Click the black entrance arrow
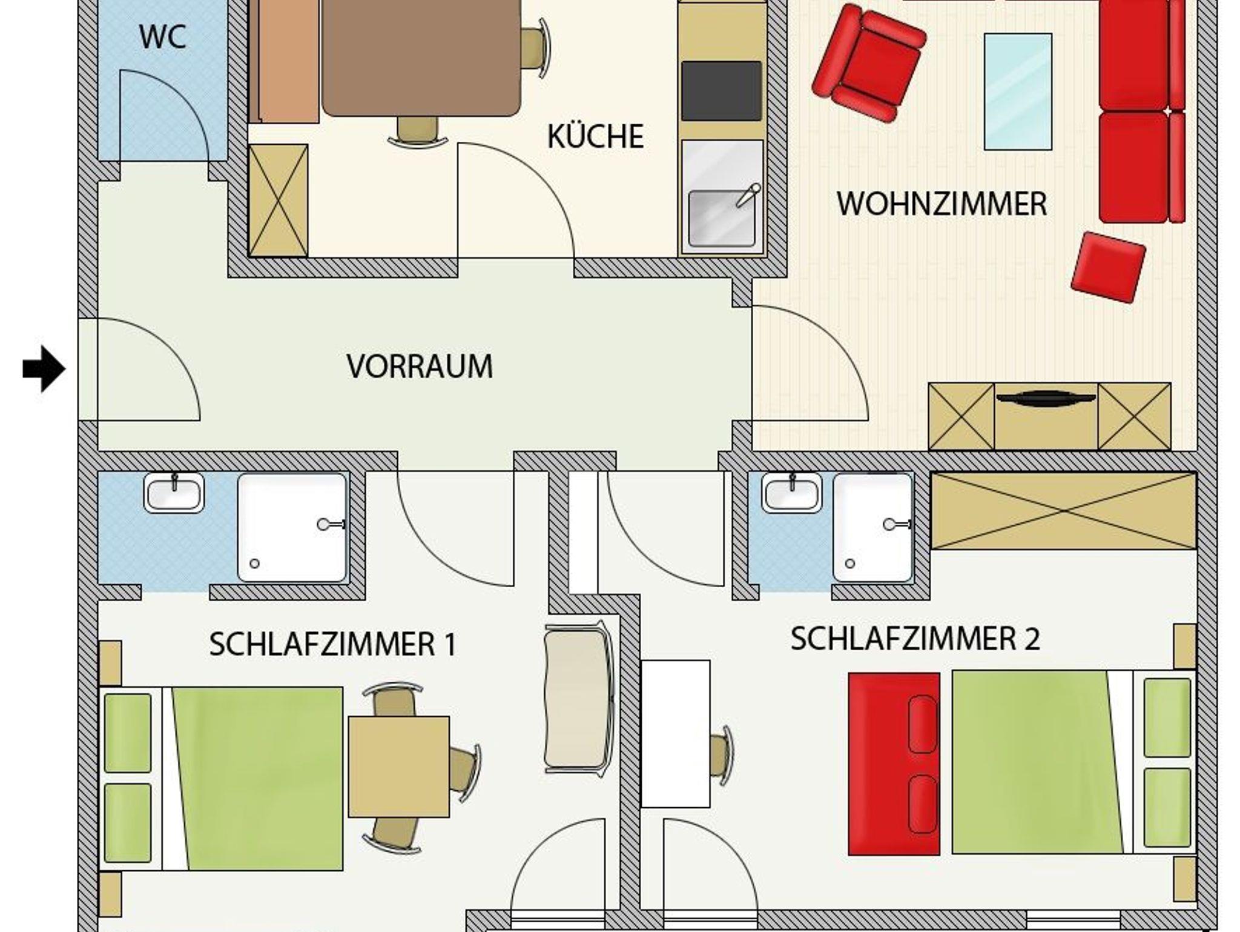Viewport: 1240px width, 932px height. click(44, 369)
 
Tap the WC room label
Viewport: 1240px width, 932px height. click(162, 37)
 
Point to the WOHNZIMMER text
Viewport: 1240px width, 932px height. click(942, 204)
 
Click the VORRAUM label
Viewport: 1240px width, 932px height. click(420, 366)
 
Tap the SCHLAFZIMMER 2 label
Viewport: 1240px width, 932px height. click(915, 639)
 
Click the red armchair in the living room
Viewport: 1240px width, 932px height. click(868, 64)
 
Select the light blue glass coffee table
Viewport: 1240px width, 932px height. click(1018, 92)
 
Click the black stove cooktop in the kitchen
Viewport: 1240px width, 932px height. click(721, 91)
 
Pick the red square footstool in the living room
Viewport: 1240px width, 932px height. click(1108, 267)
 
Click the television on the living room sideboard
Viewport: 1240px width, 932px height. click(1046, 398)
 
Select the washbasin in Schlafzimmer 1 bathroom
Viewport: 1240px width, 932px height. click(174, 493)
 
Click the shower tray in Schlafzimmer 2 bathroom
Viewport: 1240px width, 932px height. click(872, 528)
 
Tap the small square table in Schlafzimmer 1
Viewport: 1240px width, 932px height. click(399, 767)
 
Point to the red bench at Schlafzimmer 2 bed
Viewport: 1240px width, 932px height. click(894, 764)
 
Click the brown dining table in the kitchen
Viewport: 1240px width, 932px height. click(421, 58)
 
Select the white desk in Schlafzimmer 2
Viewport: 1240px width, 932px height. click(676, 733)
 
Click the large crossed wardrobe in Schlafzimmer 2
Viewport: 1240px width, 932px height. click(1063, 511)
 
